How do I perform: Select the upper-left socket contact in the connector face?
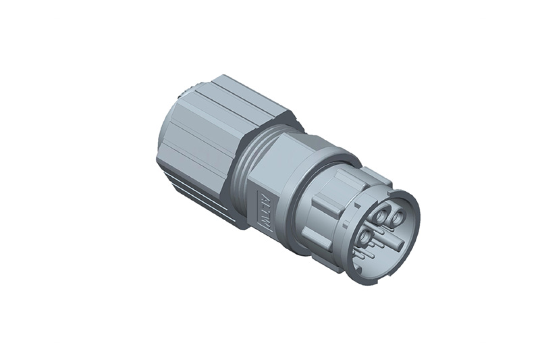(x=382, y=216)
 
